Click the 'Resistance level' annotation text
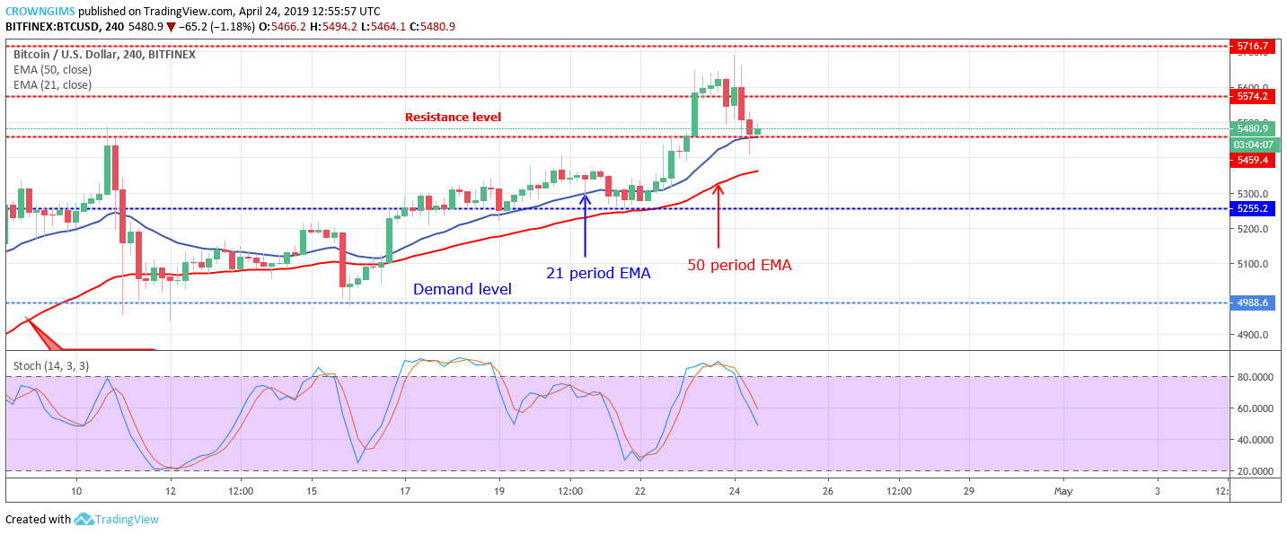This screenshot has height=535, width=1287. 453,117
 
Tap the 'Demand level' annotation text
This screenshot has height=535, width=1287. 462,289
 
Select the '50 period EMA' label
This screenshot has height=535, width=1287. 739,265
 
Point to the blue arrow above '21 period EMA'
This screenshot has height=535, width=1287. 586,224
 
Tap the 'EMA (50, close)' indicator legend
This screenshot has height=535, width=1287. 52,70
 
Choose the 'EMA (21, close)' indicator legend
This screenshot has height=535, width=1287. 52,85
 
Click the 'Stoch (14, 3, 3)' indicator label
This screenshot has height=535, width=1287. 51,366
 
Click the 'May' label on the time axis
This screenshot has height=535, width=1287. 1062,491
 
